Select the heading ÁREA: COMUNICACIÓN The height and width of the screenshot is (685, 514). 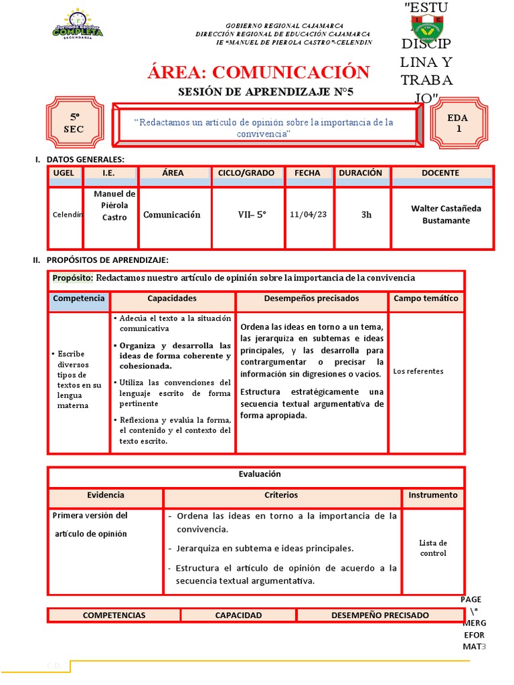click(x=258, y=72)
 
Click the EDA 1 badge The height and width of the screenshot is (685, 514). click(x=458, y=123)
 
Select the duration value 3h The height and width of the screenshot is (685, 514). click(x=366, y=215)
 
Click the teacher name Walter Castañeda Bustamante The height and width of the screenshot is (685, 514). click(x=445, y=214)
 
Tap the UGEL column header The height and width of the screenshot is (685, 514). click(x=64, y=173)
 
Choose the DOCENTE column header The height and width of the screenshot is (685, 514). click(x=440, y=173)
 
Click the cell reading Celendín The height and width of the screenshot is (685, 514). click(x=67, y=215)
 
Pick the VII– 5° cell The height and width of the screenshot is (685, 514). click(x=252, y=215)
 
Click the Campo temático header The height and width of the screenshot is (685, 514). click(x=426, y=299)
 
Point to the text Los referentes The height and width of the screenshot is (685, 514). click(x=418, y=371)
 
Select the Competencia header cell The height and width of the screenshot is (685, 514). click(x=78, y=299)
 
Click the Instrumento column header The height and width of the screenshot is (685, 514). click(x=432, y=496)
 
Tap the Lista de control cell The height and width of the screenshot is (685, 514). click(x=433, y=548)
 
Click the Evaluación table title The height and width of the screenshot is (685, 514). click(x=259, y=474)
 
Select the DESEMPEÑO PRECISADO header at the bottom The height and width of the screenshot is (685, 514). click(x=379, y=615)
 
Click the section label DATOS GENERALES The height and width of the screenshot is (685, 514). click(x=85, y=159)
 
